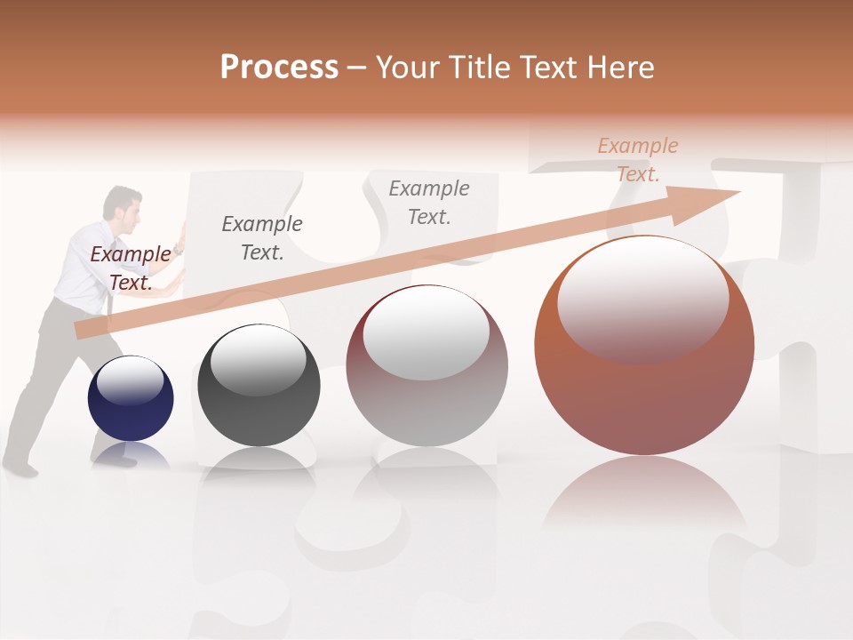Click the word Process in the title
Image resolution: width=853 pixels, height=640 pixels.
(x=279, y=68)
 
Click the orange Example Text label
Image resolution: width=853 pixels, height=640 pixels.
(x=637, y=160)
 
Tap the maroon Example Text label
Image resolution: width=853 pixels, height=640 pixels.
(x=130, y=268)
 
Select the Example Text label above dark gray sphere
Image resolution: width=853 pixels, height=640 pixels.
(x=261, y=237)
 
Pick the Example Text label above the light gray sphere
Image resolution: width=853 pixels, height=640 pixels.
(x=429, y=202)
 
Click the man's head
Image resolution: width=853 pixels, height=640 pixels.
(x=123, y=204)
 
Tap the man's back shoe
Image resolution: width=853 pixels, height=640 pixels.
(x=20, y=467)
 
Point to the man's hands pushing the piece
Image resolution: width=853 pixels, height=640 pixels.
(x=179, y=253)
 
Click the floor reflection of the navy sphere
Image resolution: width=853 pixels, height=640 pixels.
(x=131, y=455)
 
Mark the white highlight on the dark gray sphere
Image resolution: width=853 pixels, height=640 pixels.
(x=258, y=360)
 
